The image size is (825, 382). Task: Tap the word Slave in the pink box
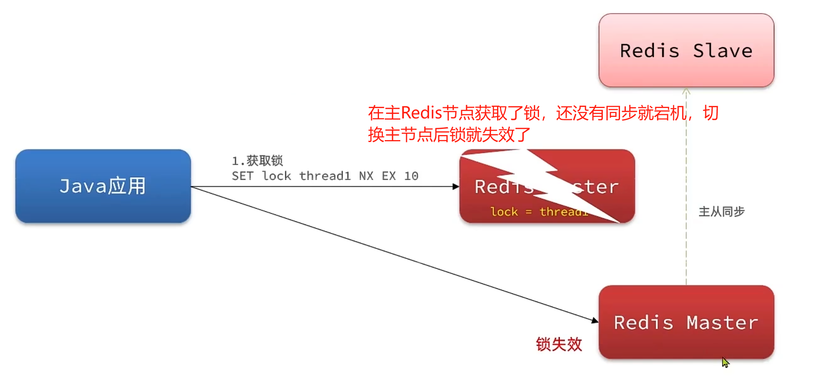point(722,51)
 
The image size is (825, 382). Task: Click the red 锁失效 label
point(559,344)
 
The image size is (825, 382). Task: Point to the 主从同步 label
point(721,212)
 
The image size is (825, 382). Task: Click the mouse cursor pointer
point(725,362)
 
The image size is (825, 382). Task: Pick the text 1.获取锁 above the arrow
point(257,160)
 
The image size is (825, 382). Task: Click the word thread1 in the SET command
point(325,176)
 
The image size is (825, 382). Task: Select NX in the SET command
point(366,176)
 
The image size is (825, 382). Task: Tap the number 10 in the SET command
point(411,176)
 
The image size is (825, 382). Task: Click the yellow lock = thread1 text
point(539,212)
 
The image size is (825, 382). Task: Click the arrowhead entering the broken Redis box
point(456,187)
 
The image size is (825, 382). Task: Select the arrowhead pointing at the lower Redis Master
point(595,320)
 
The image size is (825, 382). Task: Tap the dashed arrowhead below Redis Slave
point(686,92)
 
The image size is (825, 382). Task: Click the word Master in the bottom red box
point(722,323)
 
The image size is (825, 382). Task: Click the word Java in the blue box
point(83,186)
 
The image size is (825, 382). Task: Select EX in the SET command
point(389,176)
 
